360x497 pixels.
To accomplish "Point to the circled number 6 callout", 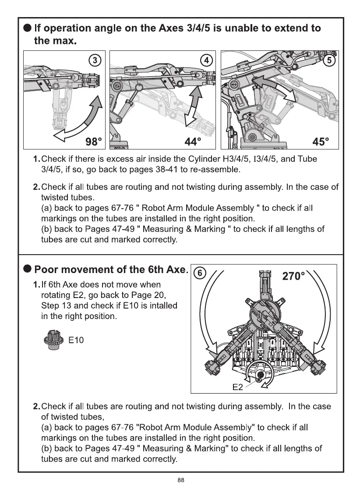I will pyautogui.click(x=199, y=273).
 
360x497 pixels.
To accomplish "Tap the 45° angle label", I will pyautogui.click(x=321, y=142).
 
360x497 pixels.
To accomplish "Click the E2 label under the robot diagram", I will pyautogui.click(x=237, y=387).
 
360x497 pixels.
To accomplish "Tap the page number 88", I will pyautogui.click(x=180, y=480).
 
